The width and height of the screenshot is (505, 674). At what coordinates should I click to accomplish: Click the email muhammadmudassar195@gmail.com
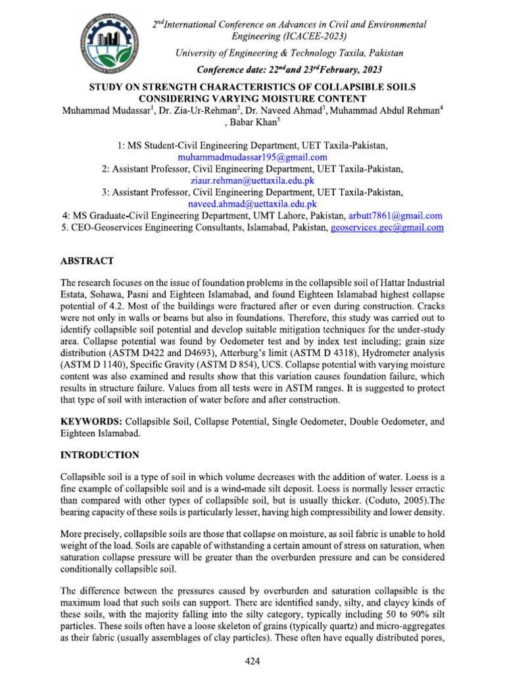tap(252, 157)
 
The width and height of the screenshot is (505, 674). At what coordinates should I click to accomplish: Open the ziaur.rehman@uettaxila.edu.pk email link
tap(252, 180)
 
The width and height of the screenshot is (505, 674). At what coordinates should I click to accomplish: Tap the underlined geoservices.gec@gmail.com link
tap(387, 228)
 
